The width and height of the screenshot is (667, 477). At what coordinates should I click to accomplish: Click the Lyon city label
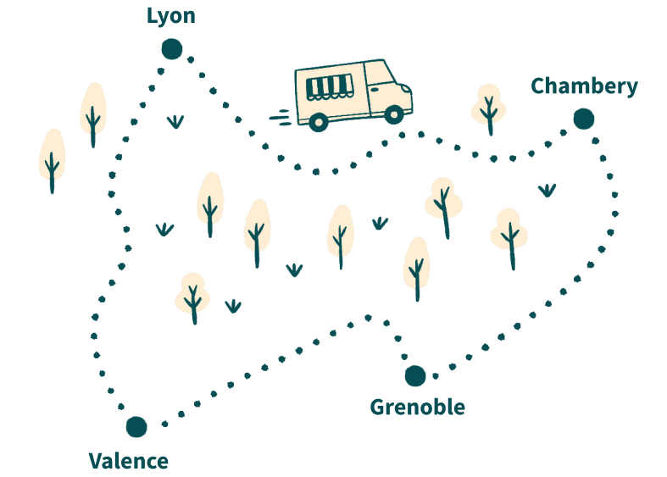click(x=170, y=16)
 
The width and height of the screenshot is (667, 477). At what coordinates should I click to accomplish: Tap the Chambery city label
click(x=584, y=86)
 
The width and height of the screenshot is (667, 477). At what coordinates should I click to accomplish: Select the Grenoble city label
click(x=417, y=408)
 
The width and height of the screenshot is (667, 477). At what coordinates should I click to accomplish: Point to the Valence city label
click(x=129, y=462)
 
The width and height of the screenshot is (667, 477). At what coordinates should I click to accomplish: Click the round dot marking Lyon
click(x=171, y=48)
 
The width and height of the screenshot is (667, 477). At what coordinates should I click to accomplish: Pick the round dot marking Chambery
click(x=583, y=119)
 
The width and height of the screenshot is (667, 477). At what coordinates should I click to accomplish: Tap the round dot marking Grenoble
click(x=414, y=375)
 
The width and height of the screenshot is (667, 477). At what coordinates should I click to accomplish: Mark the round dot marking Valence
click(x=136, y=426)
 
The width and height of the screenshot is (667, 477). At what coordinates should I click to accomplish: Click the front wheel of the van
click(x=394, y=114)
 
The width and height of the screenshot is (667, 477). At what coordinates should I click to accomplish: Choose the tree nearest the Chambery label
click(x=488, y=107)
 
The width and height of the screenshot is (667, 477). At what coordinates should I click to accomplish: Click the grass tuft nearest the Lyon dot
click(x=175, y=121)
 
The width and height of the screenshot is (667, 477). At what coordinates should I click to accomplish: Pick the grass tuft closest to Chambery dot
click(x=547, y=190)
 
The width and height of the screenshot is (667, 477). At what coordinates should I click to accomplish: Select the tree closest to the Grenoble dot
click(x=416, y=267)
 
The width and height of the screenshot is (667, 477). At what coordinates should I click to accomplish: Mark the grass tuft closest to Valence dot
click(x=232, y=306)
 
